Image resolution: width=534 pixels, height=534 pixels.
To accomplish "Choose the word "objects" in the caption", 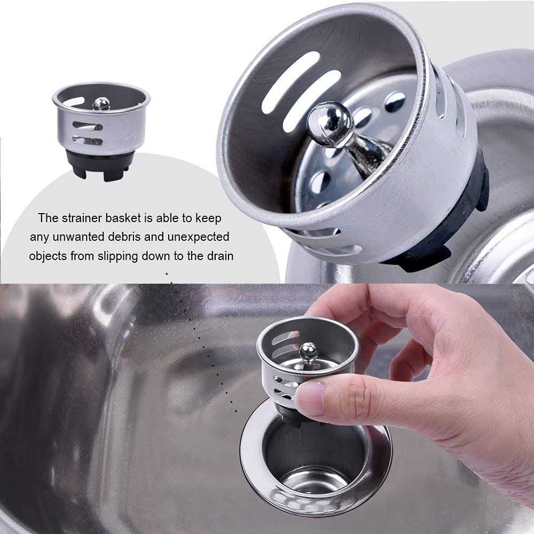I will [49, 256].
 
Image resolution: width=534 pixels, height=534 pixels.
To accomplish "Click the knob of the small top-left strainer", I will [101, 103].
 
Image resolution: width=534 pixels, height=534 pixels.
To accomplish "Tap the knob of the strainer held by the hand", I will [308, 351].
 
